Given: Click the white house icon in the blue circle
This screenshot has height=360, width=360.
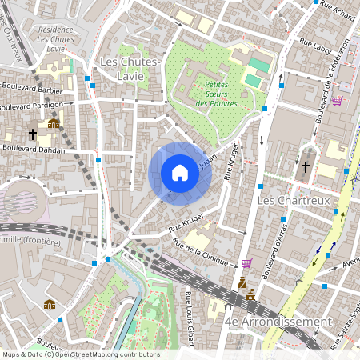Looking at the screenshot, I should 180,173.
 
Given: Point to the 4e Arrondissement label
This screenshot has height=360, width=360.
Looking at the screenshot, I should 278,321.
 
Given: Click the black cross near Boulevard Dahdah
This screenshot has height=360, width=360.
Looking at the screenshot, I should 33,134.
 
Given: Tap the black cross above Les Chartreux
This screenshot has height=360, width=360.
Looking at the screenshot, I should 306,168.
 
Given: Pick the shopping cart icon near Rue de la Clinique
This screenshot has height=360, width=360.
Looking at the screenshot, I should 246,262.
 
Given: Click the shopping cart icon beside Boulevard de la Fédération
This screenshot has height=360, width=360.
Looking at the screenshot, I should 337,101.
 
